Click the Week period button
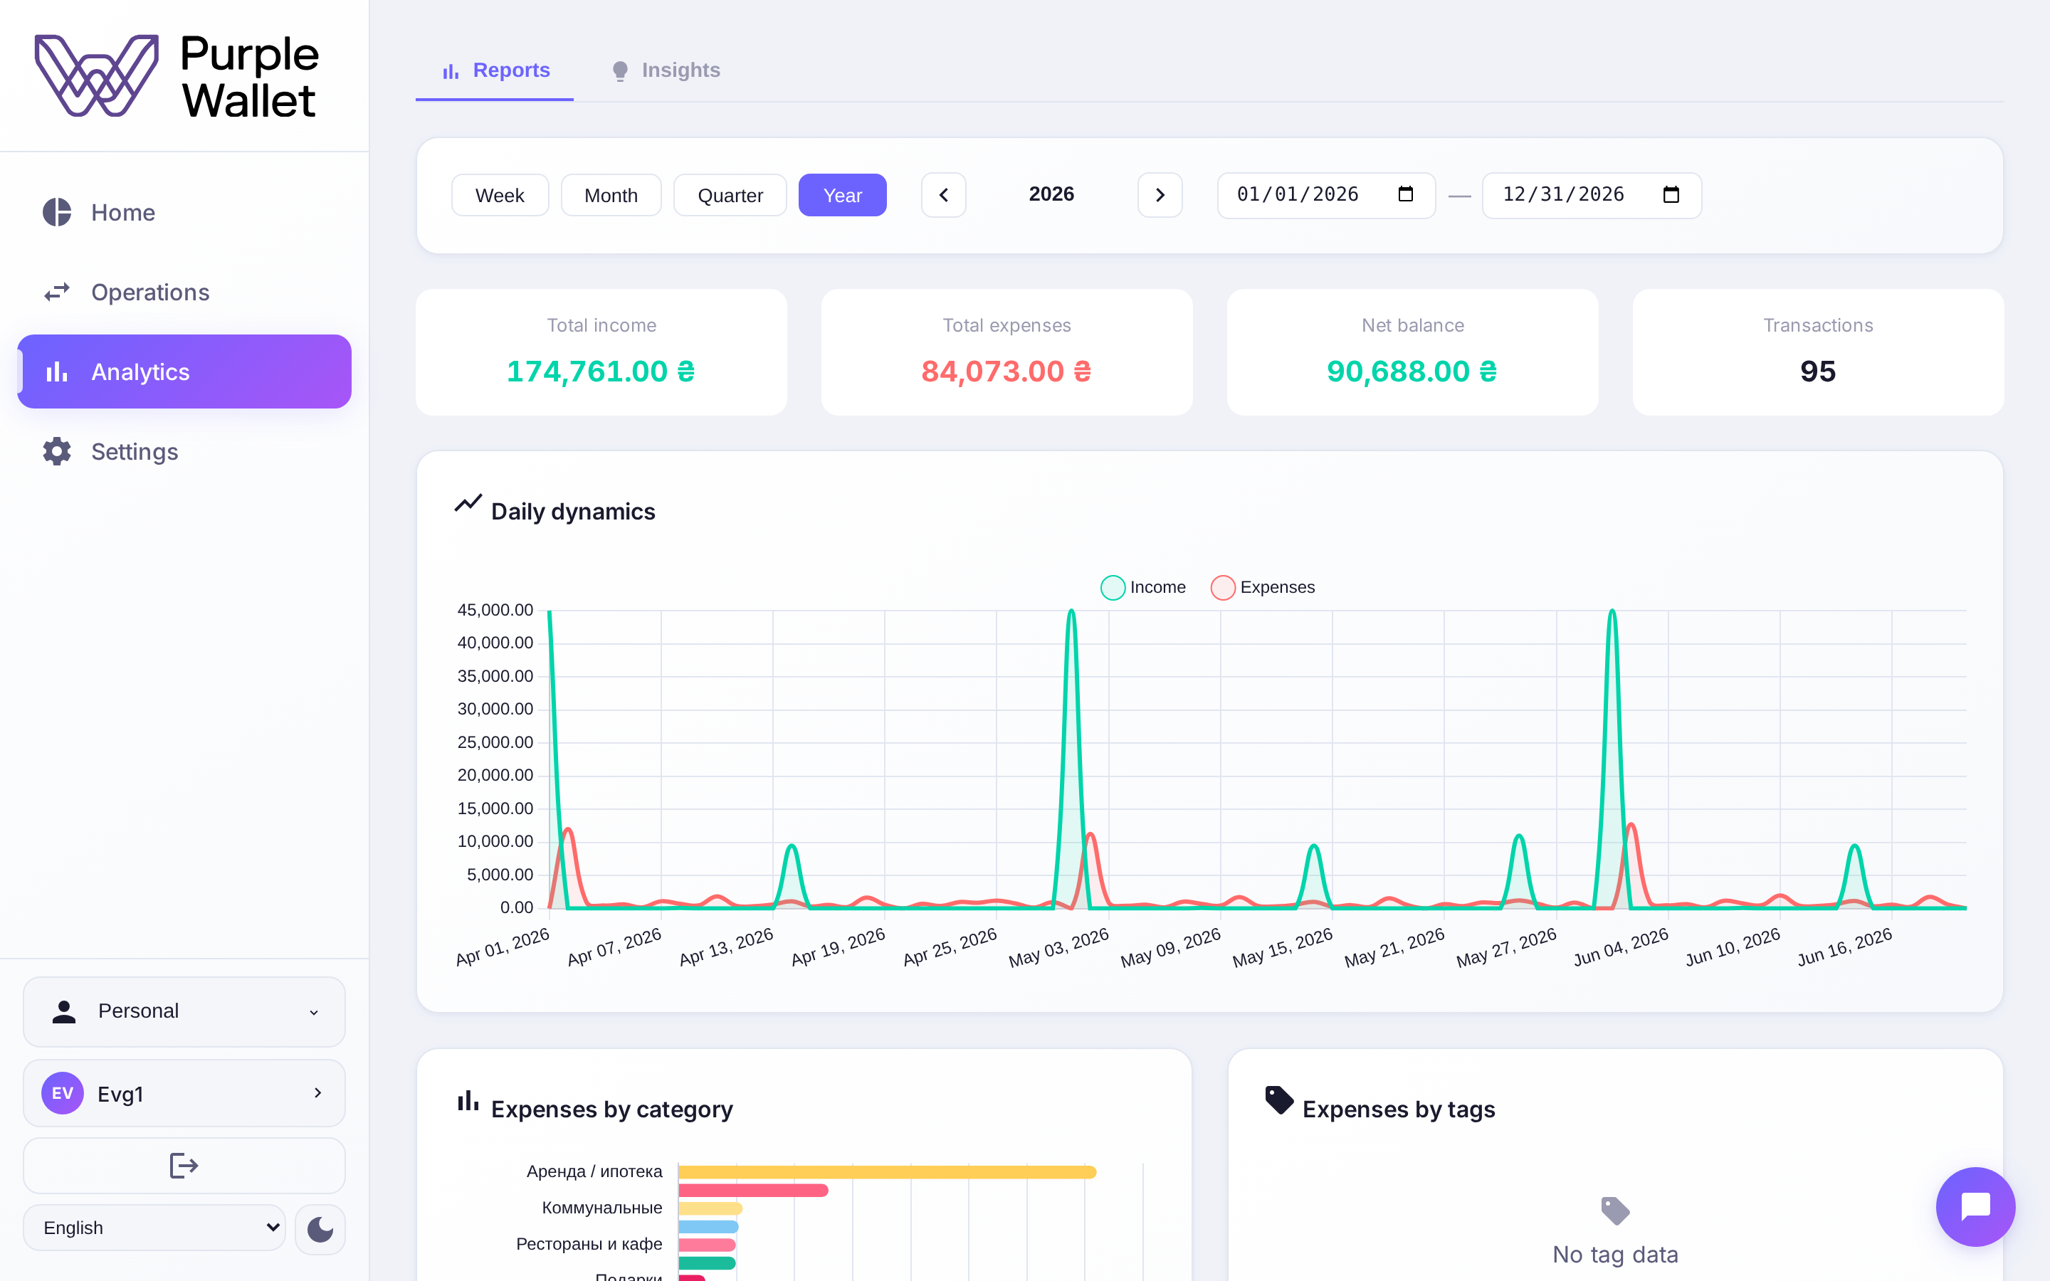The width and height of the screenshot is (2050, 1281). pos(500,196)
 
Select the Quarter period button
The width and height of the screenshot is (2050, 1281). pos(730,196)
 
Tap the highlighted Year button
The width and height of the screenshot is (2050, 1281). pos(842,196)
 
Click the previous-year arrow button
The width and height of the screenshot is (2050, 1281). pos(944,196)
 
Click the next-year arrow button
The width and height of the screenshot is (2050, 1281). pos(1160,196)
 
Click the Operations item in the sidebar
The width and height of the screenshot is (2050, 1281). pos(150,292)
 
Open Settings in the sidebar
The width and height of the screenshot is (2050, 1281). pos(135,452)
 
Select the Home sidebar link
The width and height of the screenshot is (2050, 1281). pos(123,213)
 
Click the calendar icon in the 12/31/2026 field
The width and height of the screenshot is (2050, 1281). pos(1671,195)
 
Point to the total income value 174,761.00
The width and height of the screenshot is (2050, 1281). pos(601,371)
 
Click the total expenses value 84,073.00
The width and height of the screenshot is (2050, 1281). pos(1006,371)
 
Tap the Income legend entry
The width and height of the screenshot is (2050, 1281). pos(1144,587)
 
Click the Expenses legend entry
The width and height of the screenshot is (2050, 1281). pos(1263,587)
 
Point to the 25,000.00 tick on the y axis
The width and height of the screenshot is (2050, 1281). pos(495,742)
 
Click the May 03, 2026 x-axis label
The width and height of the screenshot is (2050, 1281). pos(1059,947)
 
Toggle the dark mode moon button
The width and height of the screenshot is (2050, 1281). pos(320,1228)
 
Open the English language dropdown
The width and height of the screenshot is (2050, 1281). pos(154,1228)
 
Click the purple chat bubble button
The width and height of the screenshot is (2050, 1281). pos(1975,1206)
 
